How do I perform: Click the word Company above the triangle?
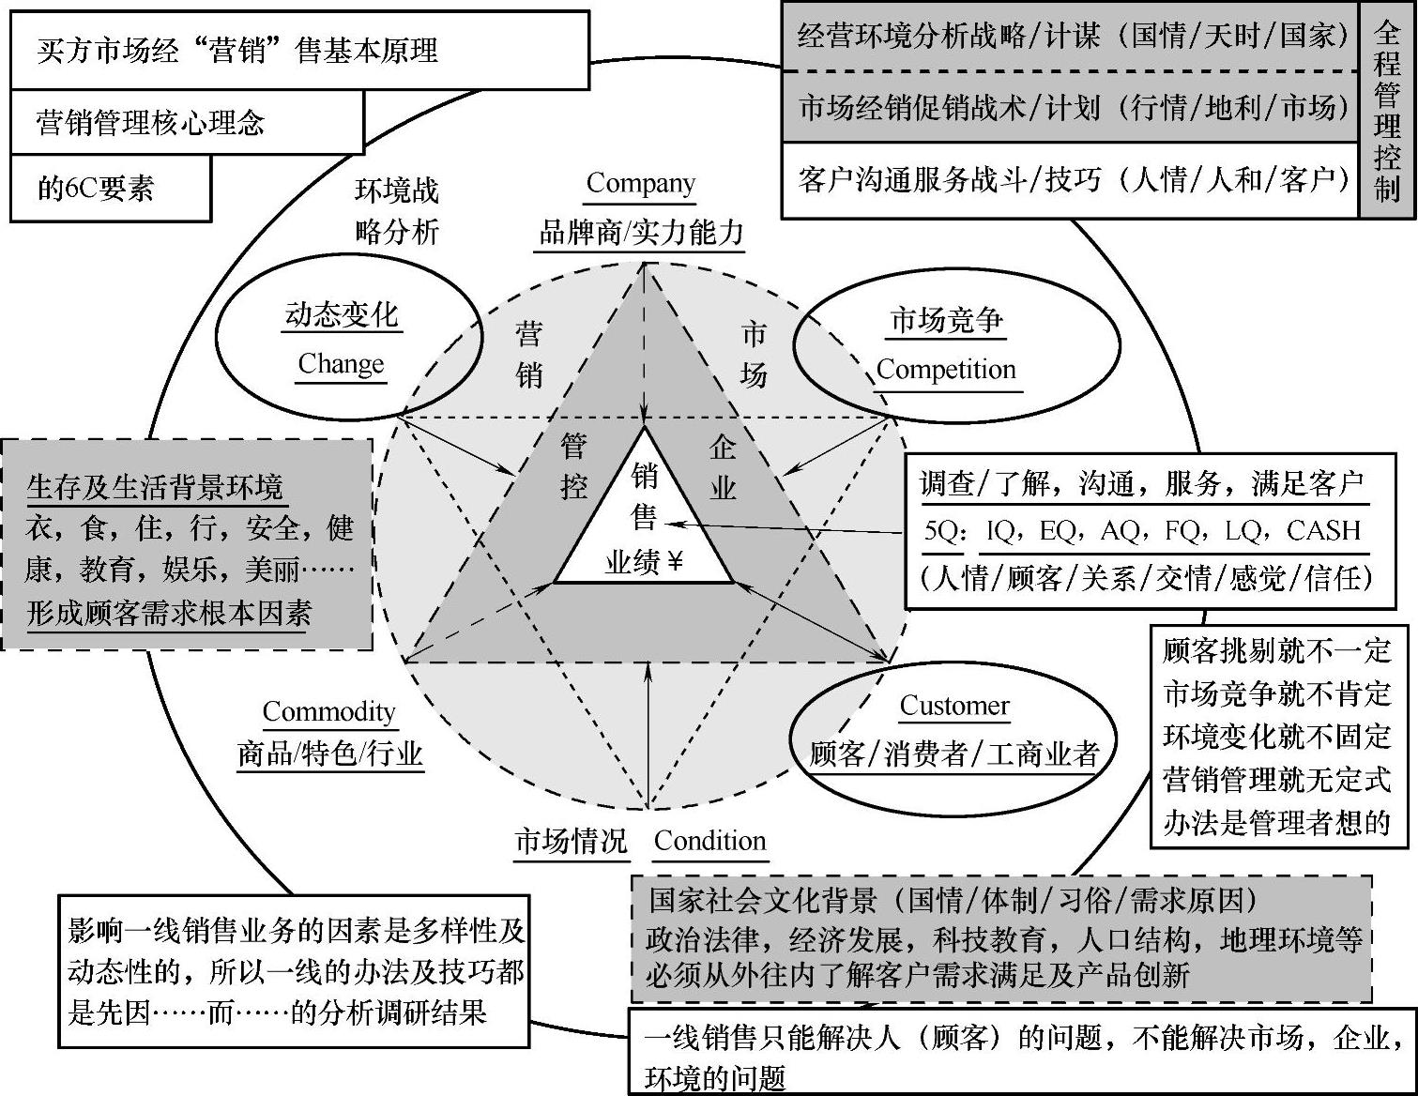[640, 183]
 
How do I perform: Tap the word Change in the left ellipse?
[341, 363]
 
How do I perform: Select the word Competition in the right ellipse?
[946, 370]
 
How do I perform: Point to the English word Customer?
[954, 706]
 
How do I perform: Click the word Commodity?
[328, 711]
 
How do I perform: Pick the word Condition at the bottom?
[709, 841]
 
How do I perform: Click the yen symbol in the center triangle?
[675, 562]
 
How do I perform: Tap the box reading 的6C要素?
[110, 189]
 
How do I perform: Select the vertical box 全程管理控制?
[1387, 111]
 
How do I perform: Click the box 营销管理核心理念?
[186, 123]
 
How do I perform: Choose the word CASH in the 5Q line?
[1323, 531]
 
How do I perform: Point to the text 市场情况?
[571, 841]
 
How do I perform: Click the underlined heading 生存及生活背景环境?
[155, 487]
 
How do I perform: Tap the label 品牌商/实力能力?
[641, 232]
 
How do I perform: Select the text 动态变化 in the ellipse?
[342, 315]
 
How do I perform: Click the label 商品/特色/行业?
[329, 753]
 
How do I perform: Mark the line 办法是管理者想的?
[1276, 822]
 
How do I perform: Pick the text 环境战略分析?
[397, 210]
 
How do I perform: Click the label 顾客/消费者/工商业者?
[953, 753]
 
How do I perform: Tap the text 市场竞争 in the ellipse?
[946, 321]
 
